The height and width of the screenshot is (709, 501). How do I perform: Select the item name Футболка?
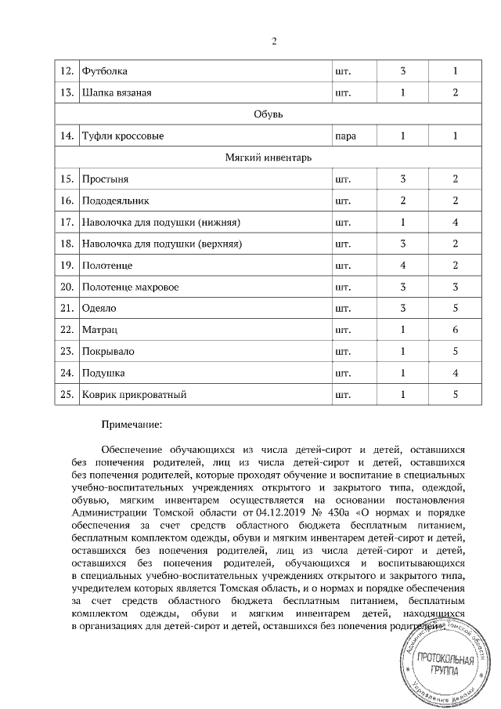[105, 71]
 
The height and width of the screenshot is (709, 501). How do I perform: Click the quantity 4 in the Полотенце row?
[402, 266]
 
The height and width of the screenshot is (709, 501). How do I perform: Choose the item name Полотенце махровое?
[131, 288]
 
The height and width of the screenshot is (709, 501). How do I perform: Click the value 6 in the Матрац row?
[455, 331]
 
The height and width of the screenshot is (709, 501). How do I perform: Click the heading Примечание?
[132, 425]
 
